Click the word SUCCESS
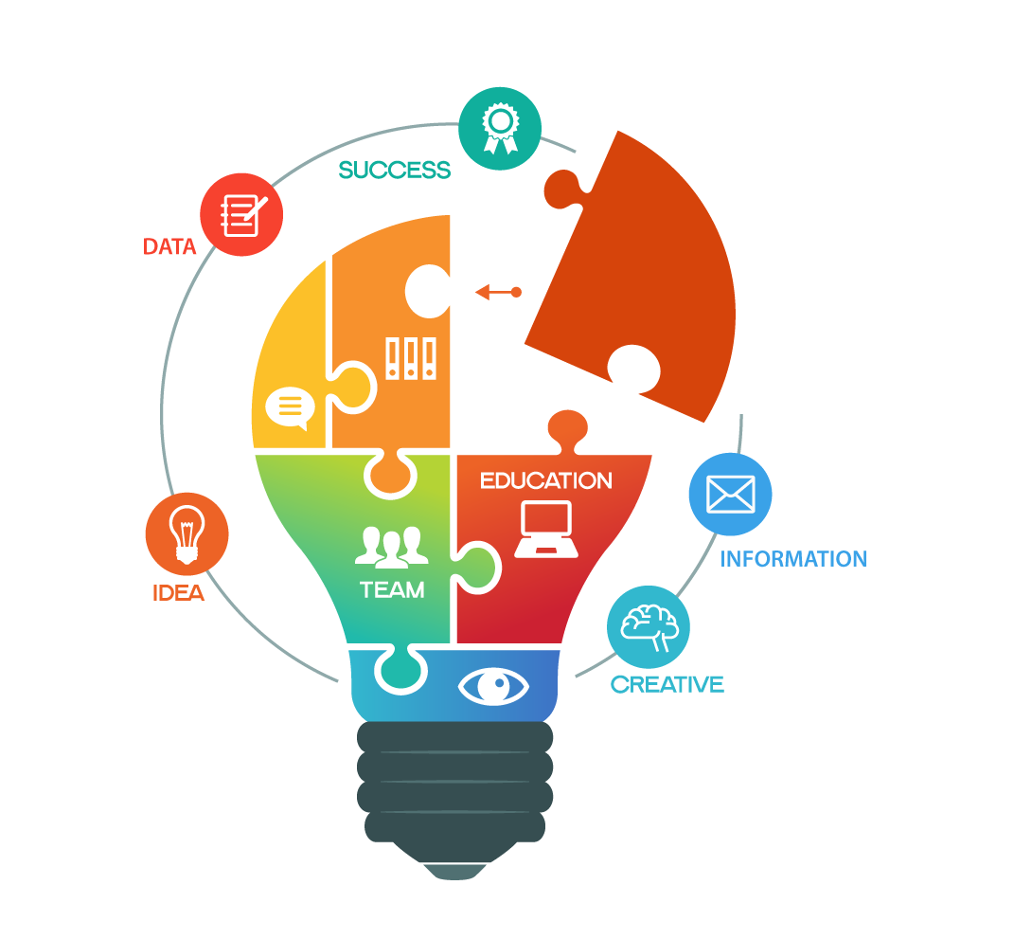394,171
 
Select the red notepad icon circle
241,214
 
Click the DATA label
169,247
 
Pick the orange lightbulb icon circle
187,533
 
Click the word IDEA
178,593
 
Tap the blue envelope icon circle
730,494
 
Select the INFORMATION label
793,559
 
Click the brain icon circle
649,626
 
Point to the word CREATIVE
667,684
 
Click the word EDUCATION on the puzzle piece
545,480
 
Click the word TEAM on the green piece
392,589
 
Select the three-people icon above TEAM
387,546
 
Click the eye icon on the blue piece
492,685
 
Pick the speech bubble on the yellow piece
290,408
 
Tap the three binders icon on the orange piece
411,359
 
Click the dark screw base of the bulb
454,786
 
